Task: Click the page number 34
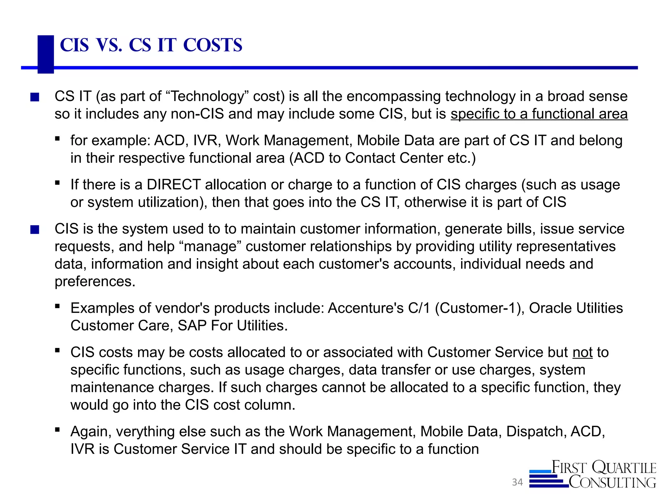[517, 482]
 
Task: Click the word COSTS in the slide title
[213, 45]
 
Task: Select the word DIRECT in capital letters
[174, 185]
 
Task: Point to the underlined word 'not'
[582, 352]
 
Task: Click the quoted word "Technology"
[208, 96]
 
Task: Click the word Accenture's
[366, 308]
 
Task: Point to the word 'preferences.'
[95, 281]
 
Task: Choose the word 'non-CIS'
[197, 114]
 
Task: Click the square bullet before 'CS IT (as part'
[35, 97]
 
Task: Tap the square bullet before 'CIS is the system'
[35, 230]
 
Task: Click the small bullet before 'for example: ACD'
[58, 139]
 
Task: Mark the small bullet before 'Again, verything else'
[58, 430]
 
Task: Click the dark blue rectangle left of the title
[46, 54]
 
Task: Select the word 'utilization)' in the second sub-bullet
[172, 202]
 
